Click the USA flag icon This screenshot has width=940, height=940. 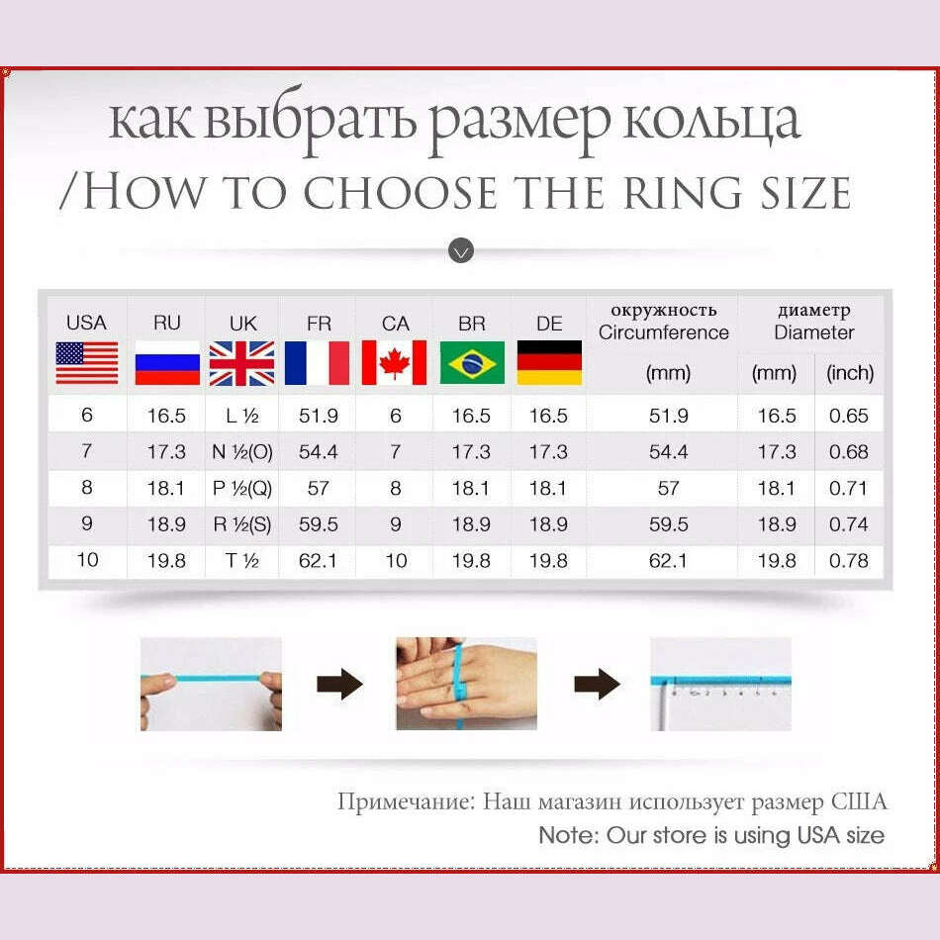coord(87,363)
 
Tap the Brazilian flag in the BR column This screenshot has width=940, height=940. coord(472,363)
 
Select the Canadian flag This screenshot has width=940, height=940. coord(394,363)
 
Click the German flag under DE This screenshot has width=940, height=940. coord(549,363)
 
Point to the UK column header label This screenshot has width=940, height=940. coord(242,324)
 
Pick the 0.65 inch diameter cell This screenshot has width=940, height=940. coord(849,417)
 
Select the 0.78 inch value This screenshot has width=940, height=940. coord(849,561)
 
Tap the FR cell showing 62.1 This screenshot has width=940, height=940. coord(319,561)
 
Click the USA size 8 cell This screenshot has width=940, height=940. coord(87,489)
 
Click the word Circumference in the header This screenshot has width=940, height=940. coord(663,333)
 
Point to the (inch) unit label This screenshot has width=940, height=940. coord(850,374)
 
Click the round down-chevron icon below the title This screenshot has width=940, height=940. coord(461,250)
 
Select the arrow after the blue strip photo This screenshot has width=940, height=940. coord(339,684)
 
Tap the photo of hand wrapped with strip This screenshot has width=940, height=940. coord(466,684)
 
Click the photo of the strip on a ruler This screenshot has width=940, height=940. coord(720,684)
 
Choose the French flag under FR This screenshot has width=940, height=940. coord(318,363)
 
